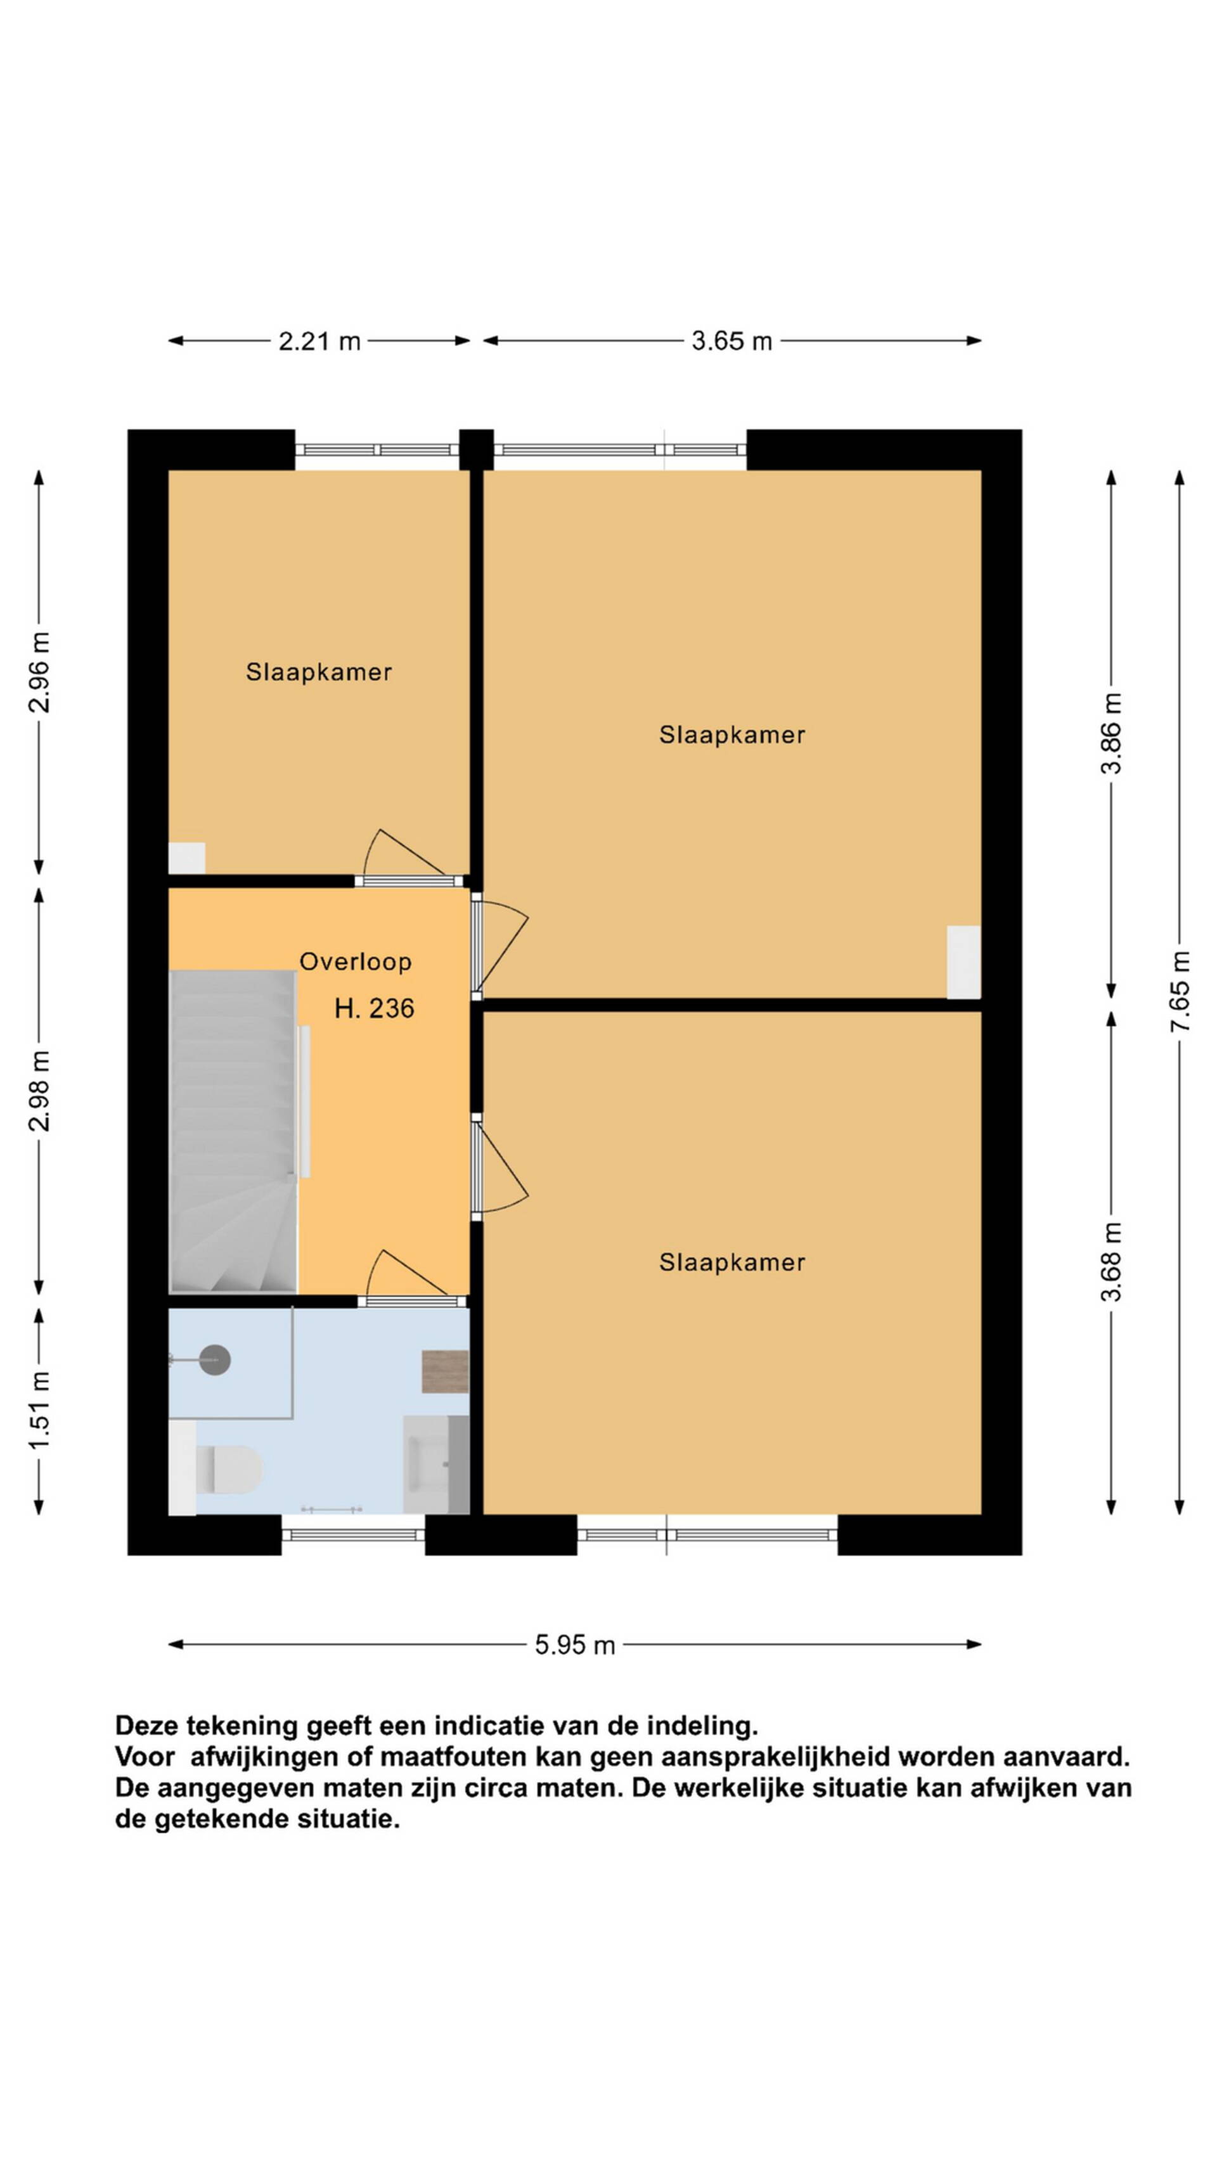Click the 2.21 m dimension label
click(319, 341)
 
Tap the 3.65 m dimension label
click(731, 341)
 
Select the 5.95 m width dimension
click(576, 1645)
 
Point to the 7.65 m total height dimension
click(1180, 991)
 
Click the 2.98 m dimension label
click(39, 1090)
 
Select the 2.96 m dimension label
click(39, 672)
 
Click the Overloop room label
click(355, 961)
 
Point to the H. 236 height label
click(374, 1008)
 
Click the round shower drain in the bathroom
click(216, 1359)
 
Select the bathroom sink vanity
click(436, 1465)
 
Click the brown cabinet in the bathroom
click(445, 1371)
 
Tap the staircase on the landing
click(233, 1132)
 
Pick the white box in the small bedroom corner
click(186, 858)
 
